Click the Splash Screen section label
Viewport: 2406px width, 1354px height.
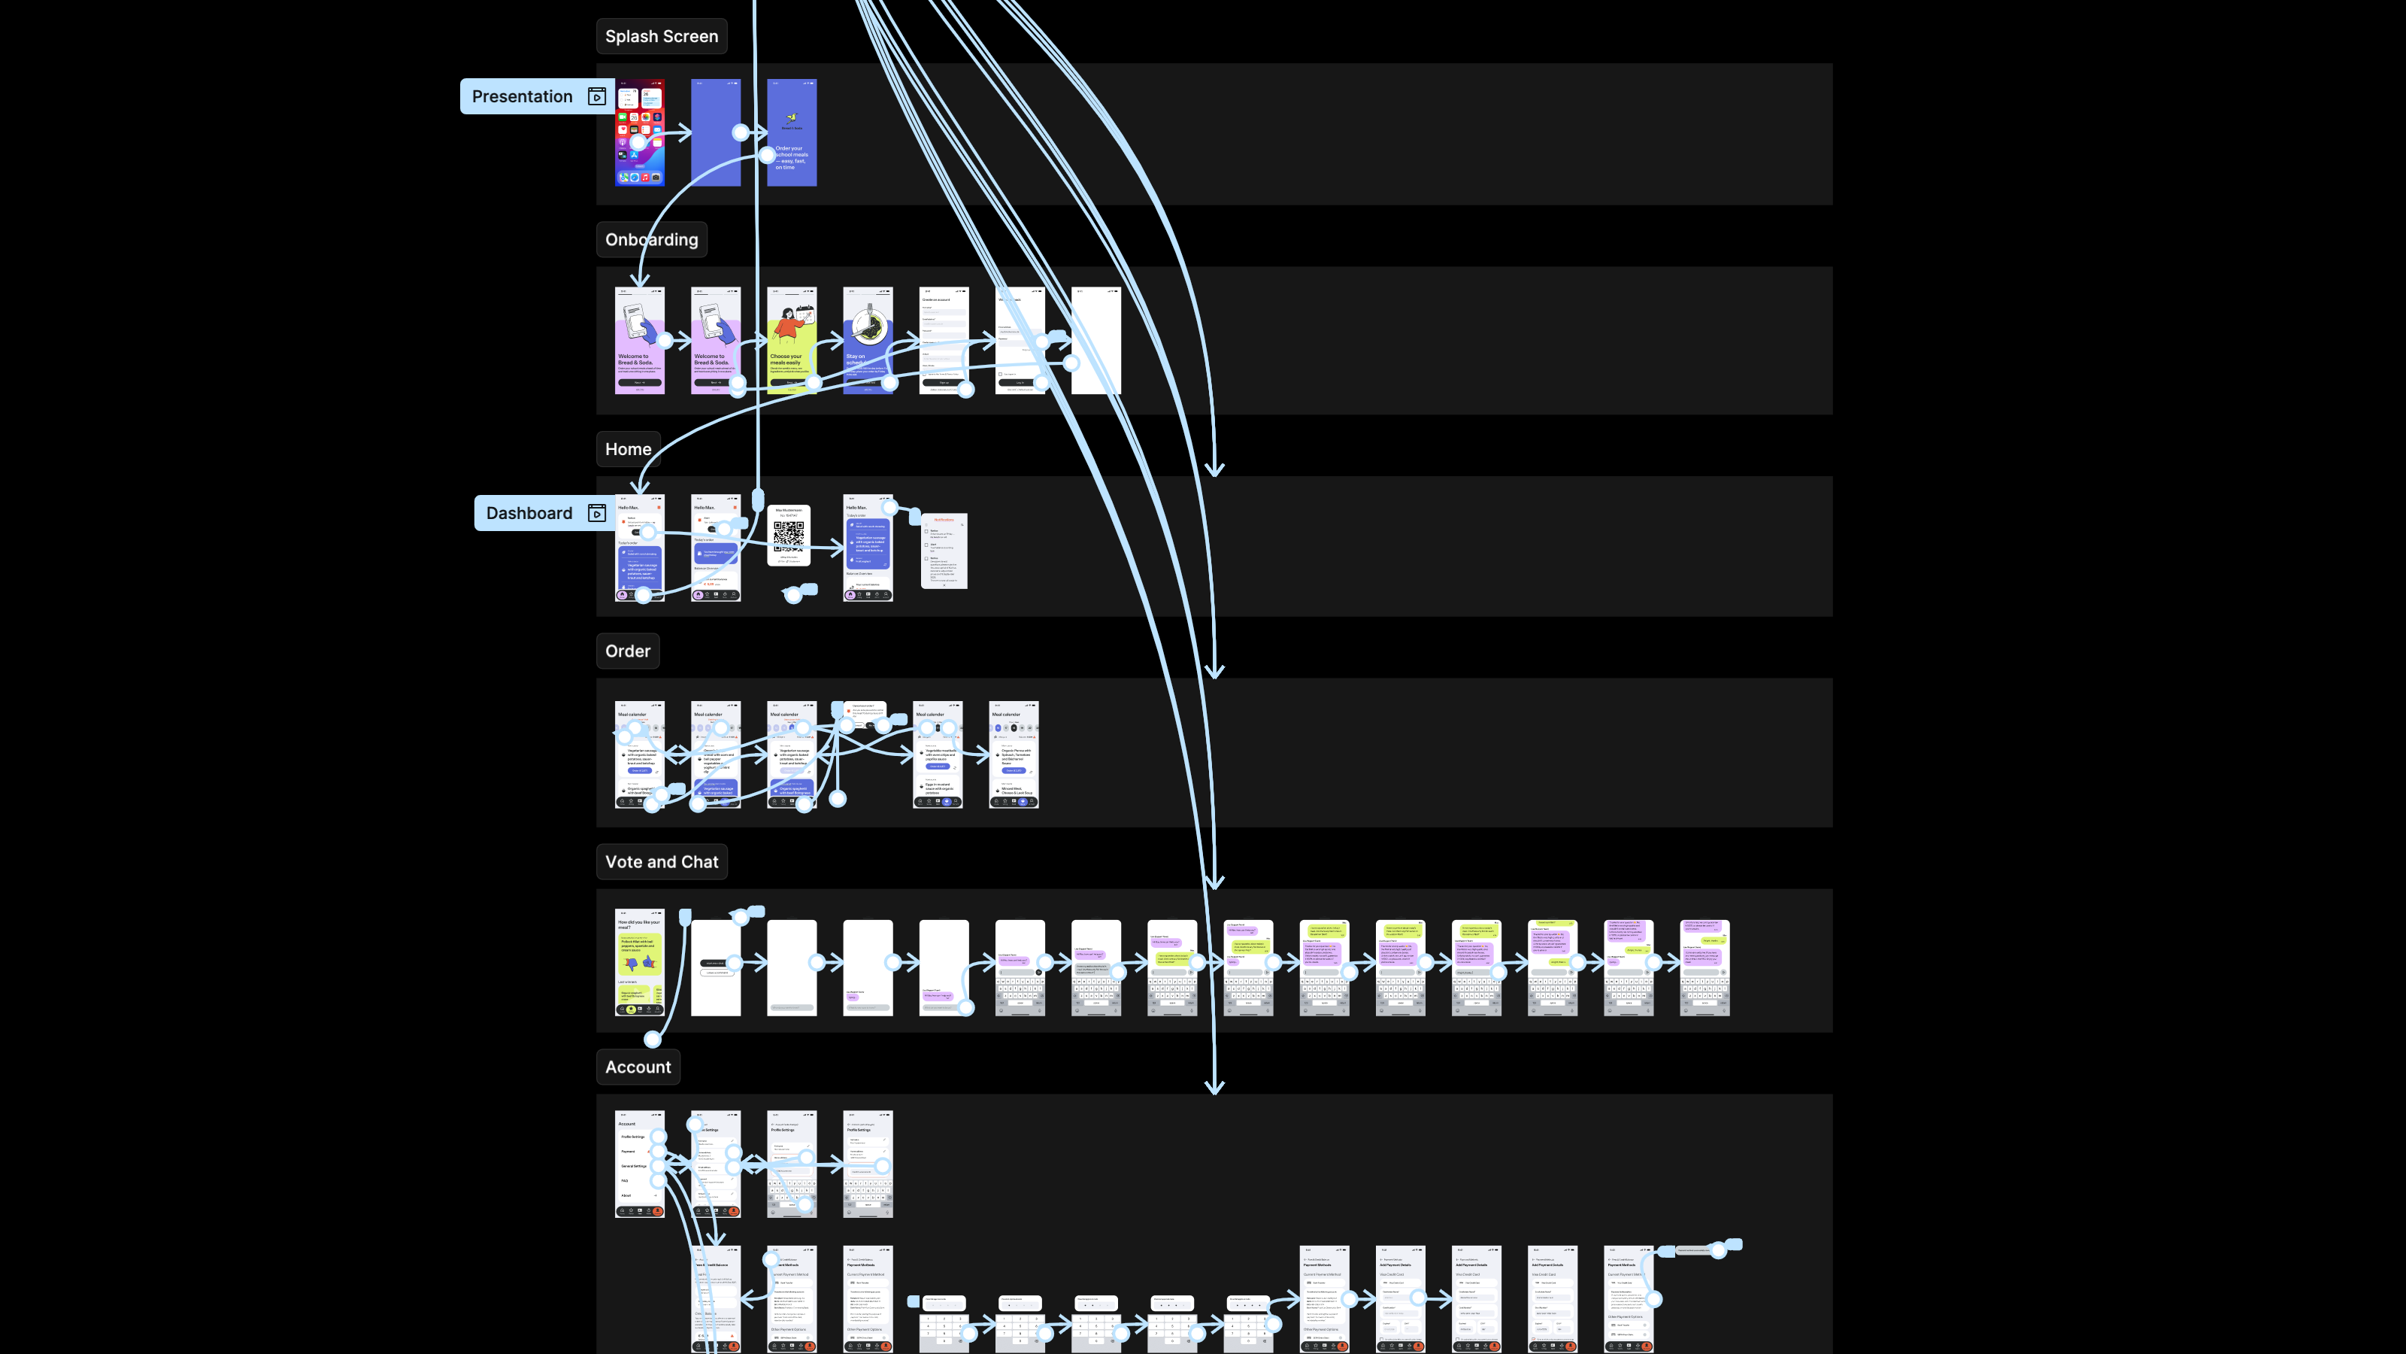coord(662,36)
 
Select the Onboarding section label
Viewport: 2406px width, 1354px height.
coord(651,239)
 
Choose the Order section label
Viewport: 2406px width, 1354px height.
coord(628,651)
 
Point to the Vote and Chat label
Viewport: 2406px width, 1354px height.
coord(662,861)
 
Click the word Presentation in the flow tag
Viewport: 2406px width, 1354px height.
coord(522,96)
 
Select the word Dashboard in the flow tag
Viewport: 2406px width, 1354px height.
coord(529,513)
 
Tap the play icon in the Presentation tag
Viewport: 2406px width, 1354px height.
coord(597,96)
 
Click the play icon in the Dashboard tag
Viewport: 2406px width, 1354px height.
coord(597,513)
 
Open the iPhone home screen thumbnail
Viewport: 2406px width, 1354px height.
coord(640,132)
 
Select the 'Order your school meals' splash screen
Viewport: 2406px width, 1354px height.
coord(792,132)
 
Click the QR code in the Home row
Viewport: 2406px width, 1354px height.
coord(788,535)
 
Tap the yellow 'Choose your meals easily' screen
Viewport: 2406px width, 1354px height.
coord(792,340)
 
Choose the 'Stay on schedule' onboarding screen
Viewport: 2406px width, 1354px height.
coord(868,340)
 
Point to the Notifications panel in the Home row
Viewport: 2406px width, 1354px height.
coord(944,551)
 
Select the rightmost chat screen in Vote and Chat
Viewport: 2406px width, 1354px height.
coord(1705,967)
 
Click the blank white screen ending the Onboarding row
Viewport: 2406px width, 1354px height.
coord(1096,340)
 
